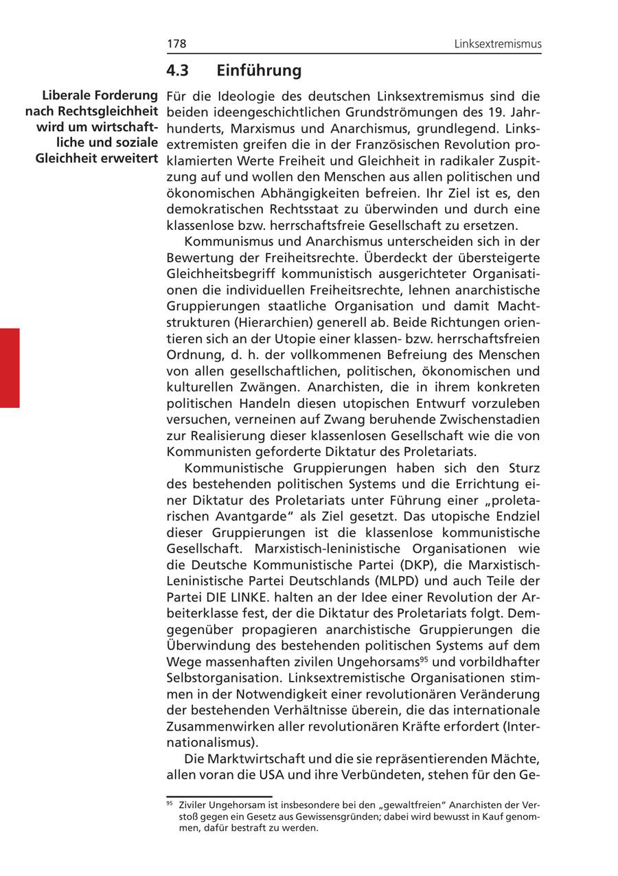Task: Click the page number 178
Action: [176, 44]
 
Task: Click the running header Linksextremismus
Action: [498, 44]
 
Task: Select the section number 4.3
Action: [177, 70]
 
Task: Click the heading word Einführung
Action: [259, 70]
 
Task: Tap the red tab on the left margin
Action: [10, 368]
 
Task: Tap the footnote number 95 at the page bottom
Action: [170, 803]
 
